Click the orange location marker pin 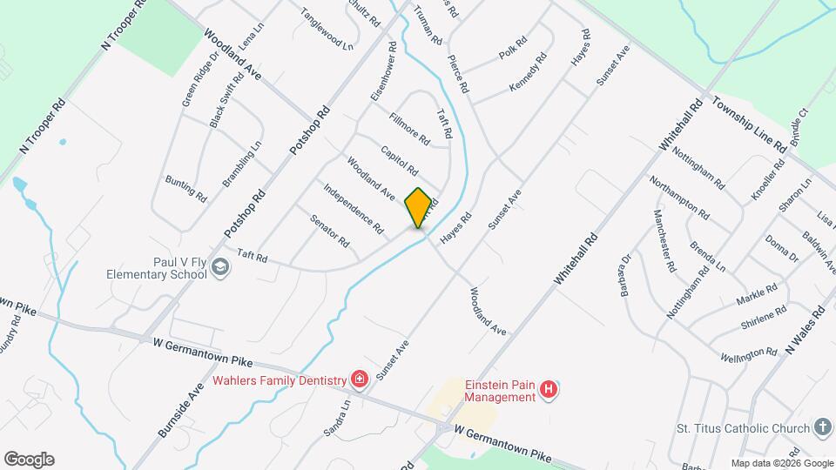pyautogui.click(x=419, y=207)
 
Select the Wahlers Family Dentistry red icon pyautogui.click(x=358, y=379)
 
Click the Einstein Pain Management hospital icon pyautogui.click(x=548, y=389)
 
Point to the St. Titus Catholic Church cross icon pyautogui.click(x=821, y=427)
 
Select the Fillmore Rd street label pyautogui.click(x=409, y=129)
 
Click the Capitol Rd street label pyautogui.click(x=400, y=159)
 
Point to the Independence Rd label pyautogui.click(x=353, y=208)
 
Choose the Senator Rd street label pyautogui.click(x=329, y=229)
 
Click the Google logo pyautogui.click(x=29, y=459)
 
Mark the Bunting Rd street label pyautogui.click(x=185, y=188)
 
